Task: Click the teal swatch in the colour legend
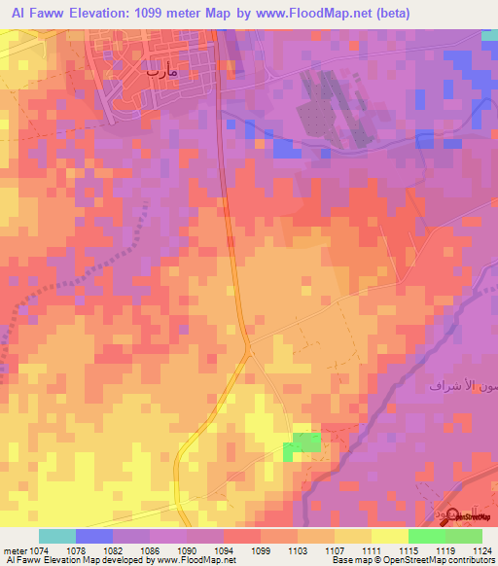coord(57,536)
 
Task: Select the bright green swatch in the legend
coord(427,536)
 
